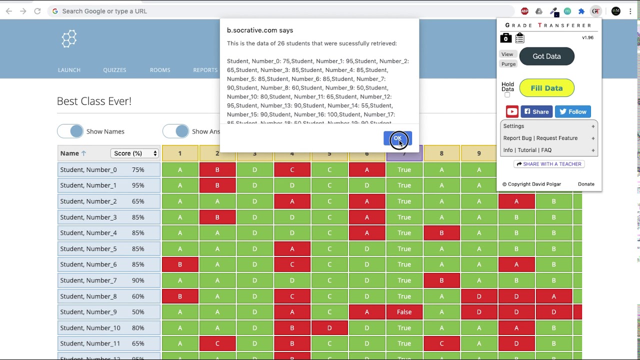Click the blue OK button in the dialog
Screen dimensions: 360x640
point(397,138)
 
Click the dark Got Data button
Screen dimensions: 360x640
point(546,56)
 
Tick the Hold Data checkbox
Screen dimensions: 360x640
point(507,95)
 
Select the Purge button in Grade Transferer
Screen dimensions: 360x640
point(508,64)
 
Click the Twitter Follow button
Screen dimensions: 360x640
point(572,111)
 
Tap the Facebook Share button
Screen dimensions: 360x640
point(536,111)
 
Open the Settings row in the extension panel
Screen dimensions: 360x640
point(548,126)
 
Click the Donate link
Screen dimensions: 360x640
point(586,184)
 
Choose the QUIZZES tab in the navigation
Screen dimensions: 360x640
point(114,70)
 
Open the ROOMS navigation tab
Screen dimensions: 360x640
point(160,70)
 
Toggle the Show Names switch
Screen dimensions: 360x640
point(70,131)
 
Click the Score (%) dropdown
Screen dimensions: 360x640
point(134,153)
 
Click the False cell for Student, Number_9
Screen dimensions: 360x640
point(404,312)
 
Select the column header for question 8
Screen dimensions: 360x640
point(441,153)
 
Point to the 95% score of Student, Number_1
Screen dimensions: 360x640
point(138,185)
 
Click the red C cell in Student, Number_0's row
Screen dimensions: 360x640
point(292,169)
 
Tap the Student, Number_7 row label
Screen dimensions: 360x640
point(88,280)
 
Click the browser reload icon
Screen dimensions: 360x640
point(37,11)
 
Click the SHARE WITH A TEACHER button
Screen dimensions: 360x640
point(549,164)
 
